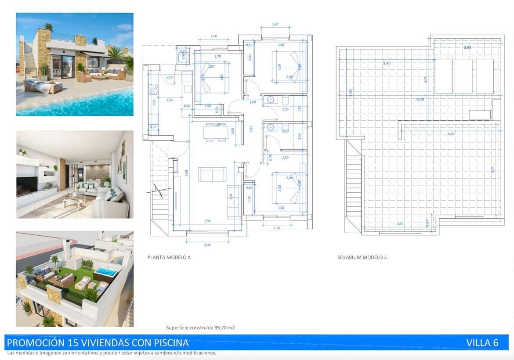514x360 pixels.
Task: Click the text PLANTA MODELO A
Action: (169, 258)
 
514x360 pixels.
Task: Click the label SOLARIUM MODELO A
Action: (362, 258)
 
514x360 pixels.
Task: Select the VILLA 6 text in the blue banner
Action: (482, 343)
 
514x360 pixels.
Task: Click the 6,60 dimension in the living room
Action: (187, 173)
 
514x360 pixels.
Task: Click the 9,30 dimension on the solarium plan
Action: (420, 100)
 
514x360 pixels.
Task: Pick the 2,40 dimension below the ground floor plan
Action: (208, 245)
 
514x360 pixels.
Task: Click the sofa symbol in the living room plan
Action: (212, 174)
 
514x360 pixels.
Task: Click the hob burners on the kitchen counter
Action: (153, 89)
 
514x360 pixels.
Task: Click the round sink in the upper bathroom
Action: (269, 100)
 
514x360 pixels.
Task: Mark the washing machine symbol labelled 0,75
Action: (184, 56)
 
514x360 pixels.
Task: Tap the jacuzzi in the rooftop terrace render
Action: (106, 272)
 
